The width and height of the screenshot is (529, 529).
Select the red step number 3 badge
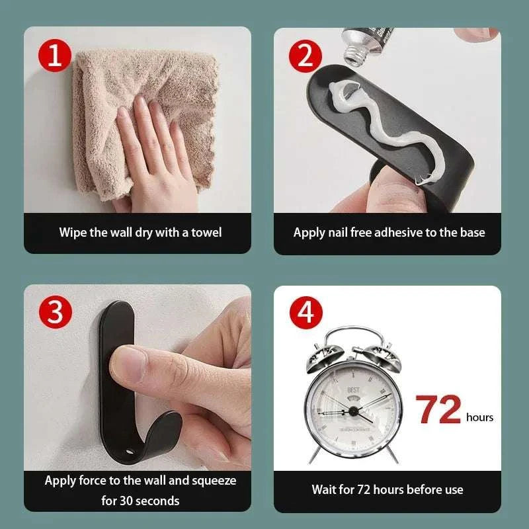click(55, 313)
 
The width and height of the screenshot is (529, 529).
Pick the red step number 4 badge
click(305, 313)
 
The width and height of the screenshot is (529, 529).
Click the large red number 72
click(438, 410)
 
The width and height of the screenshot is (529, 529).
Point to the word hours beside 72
click(479, 417)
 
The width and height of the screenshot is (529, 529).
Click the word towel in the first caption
click(206, 232)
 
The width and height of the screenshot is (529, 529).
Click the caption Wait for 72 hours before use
click(387, 489)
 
